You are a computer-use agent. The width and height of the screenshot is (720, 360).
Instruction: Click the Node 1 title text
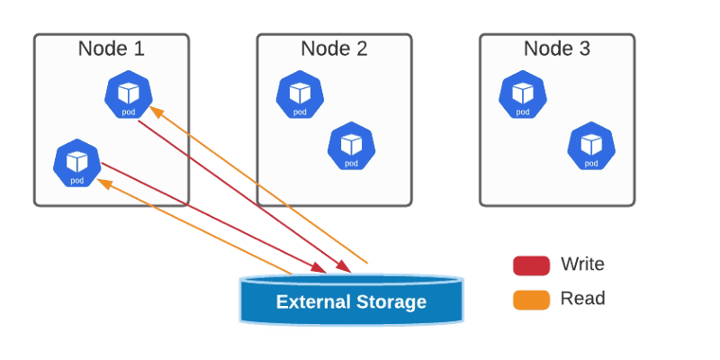click(112, 49)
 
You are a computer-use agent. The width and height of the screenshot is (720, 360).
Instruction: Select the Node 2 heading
click(334, 49)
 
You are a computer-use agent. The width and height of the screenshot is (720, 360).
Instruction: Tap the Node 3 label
click(557, 49)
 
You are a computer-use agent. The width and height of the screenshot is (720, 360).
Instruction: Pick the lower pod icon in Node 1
click(76, 163)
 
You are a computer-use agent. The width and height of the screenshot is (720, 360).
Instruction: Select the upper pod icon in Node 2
click(299, 94)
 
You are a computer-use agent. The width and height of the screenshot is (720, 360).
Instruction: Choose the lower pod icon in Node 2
click(350, 145)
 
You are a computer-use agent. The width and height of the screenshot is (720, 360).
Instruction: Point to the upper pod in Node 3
click(522, 94)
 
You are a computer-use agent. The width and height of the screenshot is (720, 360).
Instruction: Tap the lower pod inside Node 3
click(590, 145)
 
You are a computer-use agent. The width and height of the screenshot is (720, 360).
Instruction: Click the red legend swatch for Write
click(531, 265)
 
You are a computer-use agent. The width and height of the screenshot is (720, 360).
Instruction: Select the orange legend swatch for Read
click(531, 299)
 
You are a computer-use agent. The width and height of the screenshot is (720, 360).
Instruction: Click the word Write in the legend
click(582, 265)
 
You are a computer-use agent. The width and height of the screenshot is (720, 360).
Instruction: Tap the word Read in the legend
click(582, 299)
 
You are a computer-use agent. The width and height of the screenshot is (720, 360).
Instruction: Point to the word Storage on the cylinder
click(390, 301)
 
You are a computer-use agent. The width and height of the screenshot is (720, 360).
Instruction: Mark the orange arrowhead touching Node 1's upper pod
click(154, 111)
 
